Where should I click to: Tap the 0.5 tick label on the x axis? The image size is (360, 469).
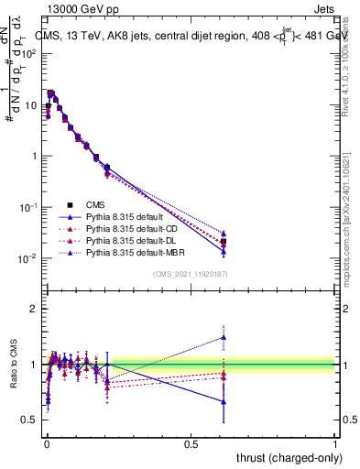[191, 443]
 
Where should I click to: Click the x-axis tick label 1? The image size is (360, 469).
[335, 443]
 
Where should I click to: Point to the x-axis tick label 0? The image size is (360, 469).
[46, 443]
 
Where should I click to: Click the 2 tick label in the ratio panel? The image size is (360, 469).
[33, 310]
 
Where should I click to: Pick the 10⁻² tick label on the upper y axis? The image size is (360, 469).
[27, 258]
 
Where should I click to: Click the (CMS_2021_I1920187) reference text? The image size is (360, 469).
[191, 273]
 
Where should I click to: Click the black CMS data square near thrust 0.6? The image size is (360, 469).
[224, 242]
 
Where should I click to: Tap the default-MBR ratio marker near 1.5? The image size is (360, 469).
[224, 337]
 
